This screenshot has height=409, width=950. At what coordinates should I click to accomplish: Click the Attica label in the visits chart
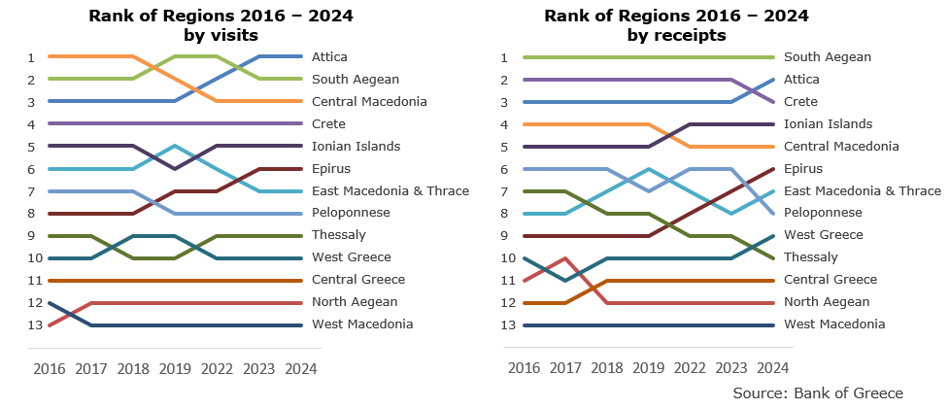pyautogui.click(x=329, y=57)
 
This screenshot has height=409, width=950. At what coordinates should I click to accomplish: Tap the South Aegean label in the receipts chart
pyautogui.click(x=827, y=57)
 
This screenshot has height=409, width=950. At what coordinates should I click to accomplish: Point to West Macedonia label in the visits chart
pyautogui.click(x=361, y=324)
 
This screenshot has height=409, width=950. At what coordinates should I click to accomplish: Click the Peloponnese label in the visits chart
pyautogui.click(x=351, y=213)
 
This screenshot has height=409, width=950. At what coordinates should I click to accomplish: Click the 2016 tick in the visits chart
pyautogui.click(x=49, y=369)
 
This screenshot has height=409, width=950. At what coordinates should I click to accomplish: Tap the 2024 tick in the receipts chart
pyautogui.click(x=772, y=369)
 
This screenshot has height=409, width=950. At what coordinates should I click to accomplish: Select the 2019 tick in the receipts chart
pyautogui.click(x=648, y=369)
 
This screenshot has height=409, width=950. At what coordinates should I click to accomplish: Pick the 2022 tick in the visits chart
pyautogui.click(x=216, y=369)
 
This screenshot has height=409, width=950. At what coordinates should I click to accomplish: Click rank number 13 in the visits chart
pyautogui.click(x=32, y=325)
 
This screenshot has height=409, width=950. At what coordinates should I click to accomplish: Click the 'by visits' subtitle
pyautogui.click(x=221, y=36)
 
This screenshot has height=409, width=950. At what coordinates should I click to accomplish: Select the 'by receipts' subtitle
pyautogui.click(x=676, y=36)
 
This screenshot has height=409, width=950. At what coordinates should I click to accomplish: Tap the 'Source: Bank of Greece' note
pyautogui.click(x=818, y=393)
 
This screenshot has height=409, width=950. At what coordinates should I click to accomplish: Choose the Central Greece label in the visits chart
pyautogui.click(x=358, y=280)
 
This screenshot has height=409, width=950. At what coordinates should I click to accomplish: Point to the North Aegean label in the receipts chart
pyautogui.click(x=826, y=302)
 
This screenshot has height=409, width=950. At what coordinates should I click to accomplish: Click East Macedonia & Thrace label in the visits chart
pyautogui.click(x=390, y=191)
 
